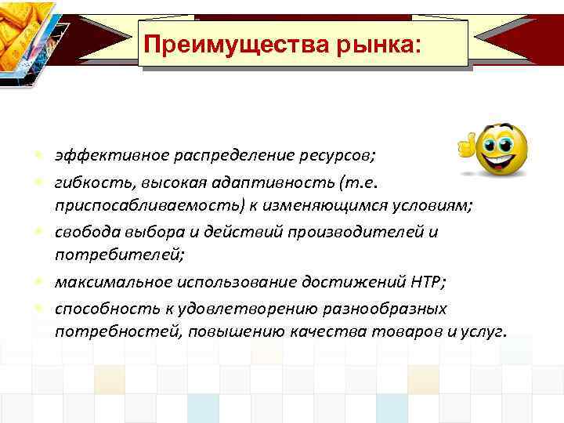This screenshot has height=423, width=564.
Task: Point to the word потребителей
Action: click(x=103, y=255)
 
